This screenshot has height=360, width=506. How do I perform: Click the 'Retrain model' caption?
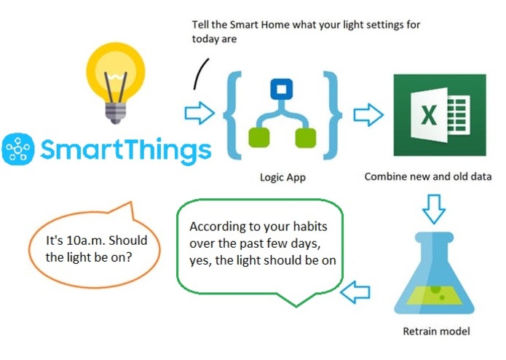[x=436, y=332]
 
